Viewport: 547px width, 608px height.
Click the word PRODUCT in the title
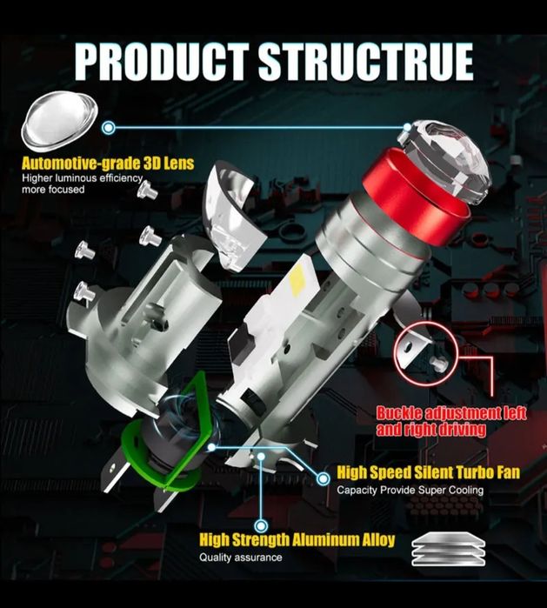point(162,62)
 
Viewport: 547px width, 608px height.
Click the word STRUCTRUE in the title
point(366,62)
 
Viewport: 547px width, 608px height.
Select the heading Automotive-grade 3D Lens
point(108,164)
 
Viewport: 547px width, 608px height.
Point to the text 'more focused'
point(53,190)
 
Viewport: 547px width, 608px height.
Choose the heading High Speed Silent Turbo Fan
point(428,472)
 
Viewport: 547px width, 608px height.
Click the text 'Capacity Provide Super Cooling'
point(410,490)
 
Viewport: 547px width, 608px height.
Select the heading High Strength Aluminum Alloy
point(297,540)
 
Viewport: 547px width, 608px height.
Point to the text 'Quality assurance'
point(241,558)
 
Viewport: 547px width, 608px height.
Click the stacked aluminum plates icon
point(448,550)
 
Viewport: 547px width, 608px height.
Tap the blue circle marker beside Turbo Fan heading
point(323,479)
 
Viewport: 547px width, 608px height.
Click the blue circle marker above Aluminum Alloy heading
point(261,526)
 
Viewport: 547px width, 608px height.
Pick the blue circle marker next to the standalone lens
point(109,127)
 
